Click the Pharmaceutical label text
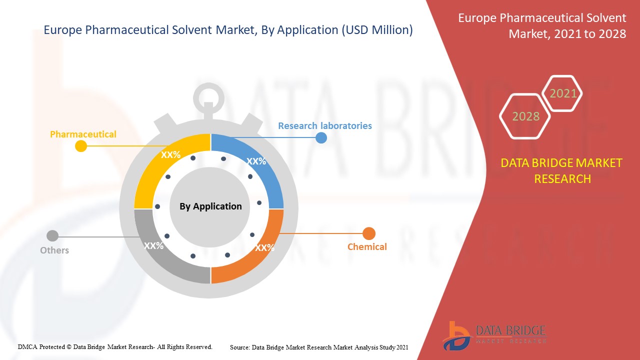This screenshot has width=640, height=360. (x=83, y=134)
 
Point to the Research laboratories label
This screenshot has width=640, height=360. (x=325, y=125)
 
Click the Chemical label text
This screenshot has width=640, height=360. (x=367, y=246)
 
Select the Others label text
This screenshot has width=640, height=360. (x=54, y=250)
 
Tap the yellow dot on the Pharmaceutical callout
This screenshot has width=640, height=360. (x=81, y=146)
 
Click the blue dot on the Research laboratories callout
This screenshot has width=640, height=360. (x=321, y=137)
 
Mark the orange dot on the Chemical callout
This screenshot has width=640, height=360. (x=369, y=233)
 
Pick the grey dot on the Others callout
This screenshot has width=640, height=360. (x=52, y=236)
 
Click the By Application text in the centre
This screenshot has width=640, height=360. (x=210, y=206)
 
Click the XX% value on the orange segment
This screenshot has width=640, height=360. (x=265, y=247)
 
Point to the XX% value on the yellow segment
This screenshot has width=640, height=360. (x=171, y=155)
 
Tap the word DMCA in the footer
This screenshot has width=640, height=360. (x=27, y=347)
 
